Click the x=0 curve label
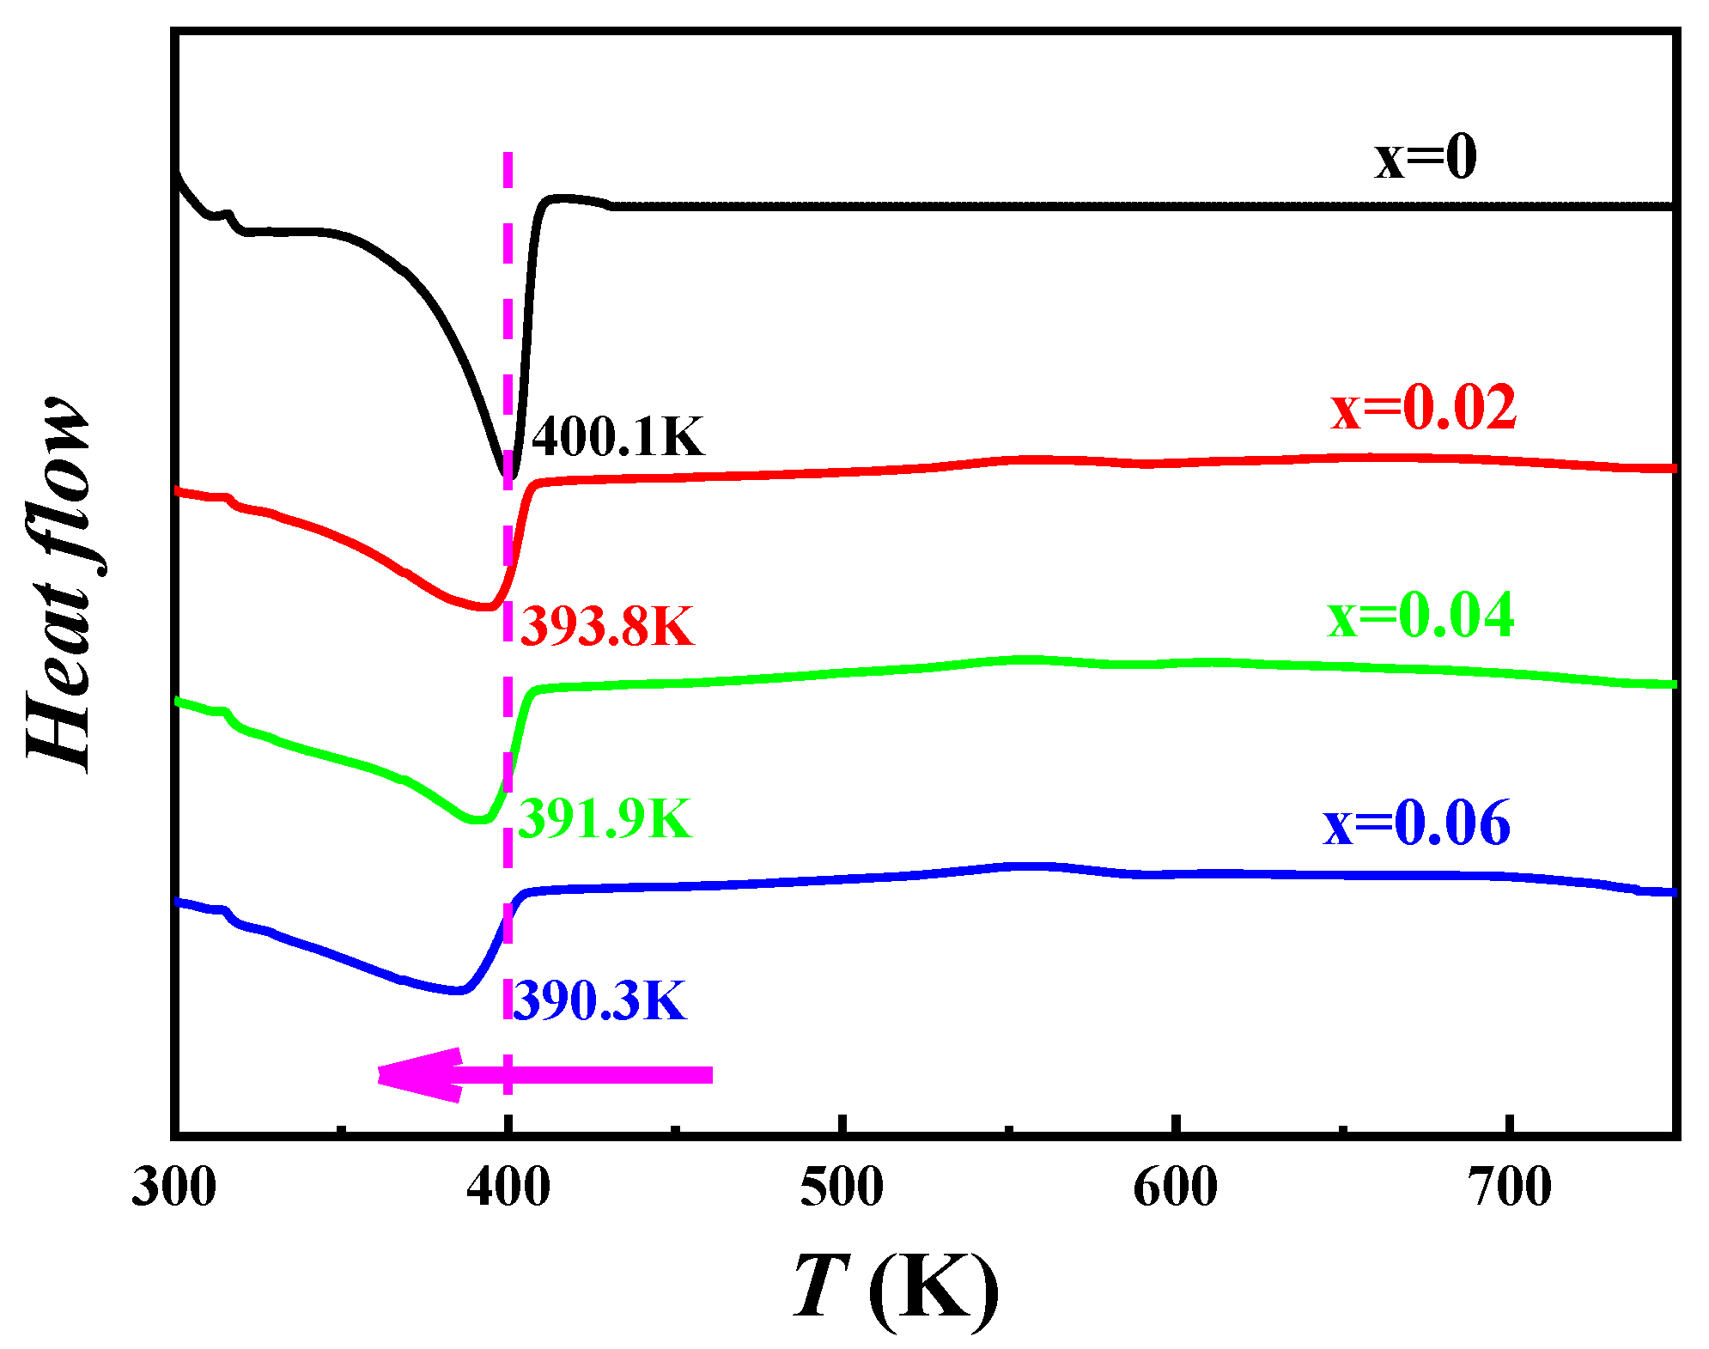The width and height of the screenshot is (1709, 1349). pyautogui.click(x=1426, y=158)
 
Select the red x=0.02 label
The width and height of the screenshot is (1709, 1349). pyautogui.click(x=1423, y=407)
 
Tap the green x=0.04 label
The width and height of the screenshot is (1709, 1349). pyautogui.click(x=1420, y=616)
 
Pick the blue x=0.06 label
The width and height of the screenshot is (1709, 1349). pyautogui.click(x=1416, y=823)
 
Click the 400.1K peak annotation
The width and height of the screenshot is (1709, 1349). pyautogui.click(x=617, y=436)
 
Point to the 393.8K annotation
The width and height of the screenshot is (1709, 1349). pyautogui.click(x=606, y=626)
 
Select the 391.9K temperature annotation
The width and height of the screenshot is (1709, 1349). pyautogui.click(x=605, y=818)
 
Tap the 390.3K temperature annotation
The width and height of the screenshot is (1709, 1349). pyautogui.click(x=599, y=1000)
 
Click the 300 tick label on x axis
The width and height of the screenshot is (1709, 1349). pyautogui.click(x=173, y=1188)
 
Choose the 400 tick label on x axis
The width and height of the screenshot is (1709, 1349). pyautogui.click(x=508, y=1188)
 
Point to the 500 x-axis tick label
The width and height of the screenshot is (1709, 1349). pyautogui.click(x=842, y=1188)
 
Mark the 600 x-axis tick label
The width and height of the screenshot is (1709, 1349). pyautogui.click(x=1175, y=1188)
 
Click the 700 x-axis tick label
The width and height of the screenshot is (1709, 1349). pyautogui.click(x=1509, y=1188)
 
